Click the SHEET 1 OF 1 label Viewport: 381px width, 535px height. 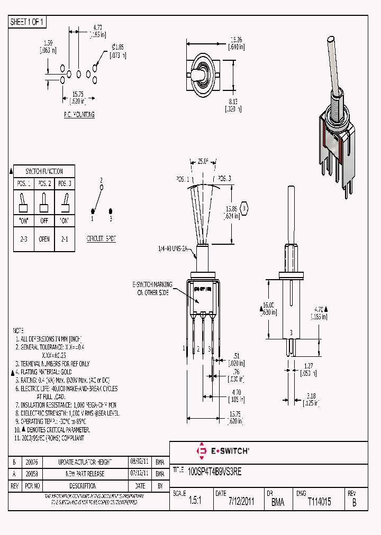[28, 22]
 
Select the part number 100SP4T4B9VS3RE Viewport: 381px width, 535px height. [214, 472]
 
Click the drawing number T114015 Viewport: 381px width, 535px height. [319, 502]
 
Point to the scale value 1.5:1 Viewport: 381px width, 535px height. [195, 502]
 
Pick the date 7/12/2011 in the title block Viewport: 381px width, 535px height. [241, 502]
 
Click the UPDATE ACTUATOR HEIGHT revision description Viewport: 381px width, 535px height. [85, 462]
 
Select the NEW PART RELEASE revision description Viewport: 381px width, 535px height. [85, 474]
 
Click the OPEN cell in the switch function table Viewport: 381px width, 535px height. [44, 239]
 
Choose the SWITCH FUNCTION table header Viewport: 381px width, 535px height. [44, 171]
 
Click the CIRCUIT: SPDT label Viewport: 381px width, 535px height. [101, 239]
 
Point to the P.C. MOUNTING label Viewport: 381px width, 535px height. [79, 114]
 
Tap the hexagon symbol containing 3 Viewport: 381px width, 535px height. [244, 209]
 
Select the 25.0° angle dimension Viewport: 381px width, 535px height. [203, 162]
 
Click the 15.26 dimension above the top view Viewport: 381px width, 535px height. [236, 40]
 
